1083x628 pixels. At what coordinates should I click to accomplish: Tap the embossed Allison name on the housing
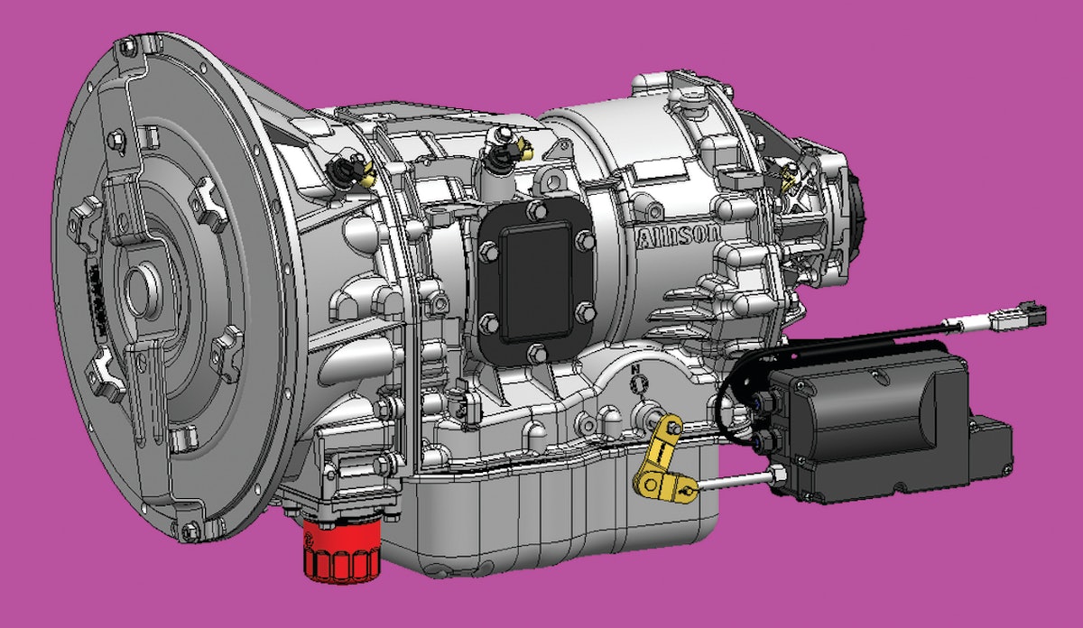point(680,236)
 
